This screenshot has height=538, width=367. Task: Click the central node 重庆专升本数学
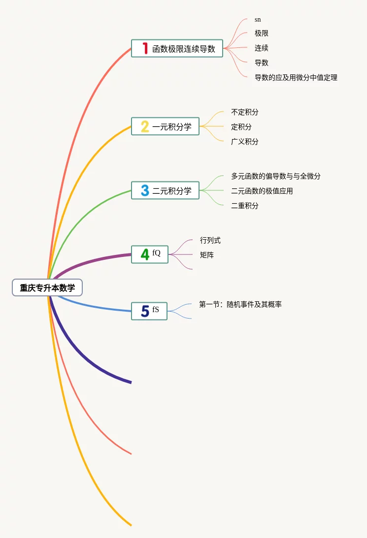47,287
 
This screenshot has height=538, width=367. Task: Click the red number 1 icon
145,48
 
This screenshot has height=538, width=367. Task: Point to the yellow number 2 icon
145,127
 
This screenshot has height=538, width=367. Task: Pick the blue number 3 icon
145,191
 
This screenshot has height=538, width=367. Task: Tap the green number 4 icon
145,254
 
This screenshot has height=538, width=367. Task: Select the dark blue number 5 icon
145,311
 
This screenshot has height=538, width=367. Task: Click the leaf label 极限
262,34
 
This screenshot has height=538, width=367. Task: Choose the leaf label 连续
262,48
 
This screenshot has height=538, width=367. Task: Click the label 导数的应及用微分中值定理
296,77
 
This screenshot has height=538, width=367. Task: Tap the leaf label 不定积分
245,112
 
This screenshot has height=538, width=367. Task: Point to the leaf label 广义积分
245,142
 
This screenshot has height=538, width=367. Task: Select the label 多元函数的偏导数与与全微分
276,176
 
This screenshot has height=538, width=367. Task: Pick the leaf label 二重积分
245,206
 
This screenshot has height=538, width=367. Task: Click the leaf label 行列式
210,241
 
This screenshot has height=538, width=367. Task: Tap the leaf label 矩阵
207,255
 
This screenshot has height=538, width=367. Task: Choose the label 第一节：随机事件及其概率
240,305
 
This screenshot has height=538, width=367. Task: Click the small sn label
258,20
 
